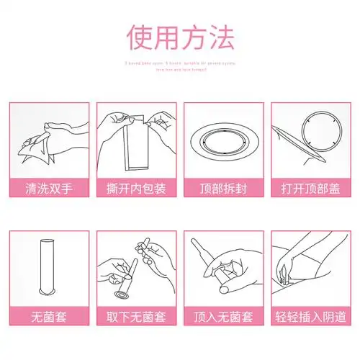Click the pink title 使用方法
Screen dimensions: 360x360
[x=179, y=37]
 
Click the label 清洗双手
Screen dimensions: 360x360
[x=49, y=191]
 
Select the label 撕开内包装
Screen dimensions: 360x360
[x=136, y=191]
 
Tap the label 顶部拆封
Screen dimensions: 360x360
[x=224, y=191]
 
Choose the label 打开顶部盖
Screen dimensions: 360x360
[x=311, y=191]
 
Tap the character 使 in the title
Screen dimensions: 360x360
[x=139, y=37]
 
